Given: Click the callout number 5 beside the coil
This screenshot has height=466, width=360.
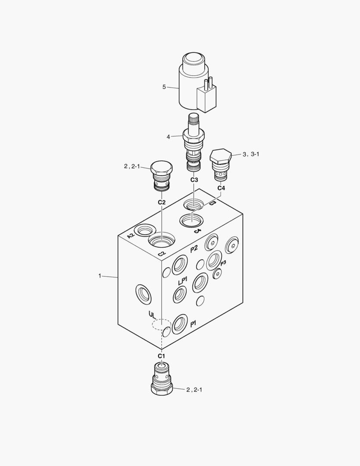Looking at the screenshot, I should click(164, 87).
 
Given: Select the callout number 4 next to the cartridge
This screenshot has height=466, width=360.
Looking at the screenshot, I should click(169, 137).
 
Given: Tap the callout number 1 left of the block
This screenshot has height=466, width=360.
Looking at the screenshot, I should click(100, 276).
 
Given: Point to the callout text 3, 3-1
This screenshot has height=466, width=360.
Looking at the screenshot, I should click(252, 154).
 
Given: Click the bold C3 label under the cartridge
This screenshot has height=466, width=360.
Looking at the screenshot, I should click(194, 179).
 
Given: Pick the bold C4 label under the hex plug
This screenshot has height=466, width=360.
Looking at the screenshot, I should click(221, 188).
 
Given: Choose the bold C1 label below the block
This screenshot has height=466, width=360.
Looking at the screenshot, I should click(161, 356).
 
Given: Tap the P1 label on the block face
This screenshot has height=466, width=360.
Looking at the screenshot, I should click(194, 323).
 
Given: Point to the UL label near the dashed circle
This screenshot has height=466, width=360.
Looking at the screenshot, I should click(152, 315).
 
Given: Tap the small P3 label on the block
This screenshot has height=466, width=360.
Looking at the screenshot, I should click(223, 263).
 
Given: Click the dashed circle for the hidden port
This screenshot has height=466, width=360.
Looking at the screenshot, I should click(161, 325).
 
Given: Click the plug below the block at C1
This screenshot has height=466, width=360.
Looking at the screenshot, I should click(162, 378).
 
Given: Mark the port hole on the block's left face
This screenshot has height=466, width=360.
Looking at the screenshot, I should click(143, 295).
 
